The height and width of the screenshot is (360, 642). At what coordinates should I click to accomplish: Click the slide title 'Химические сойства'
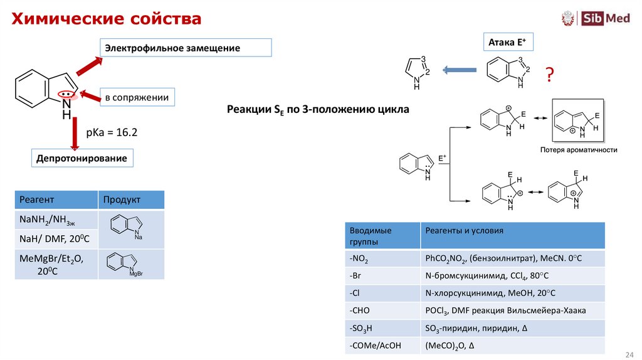click(x=105, y=19)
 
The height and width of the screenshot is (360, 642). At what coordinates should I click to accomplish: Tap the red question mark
click(x=549, y=76)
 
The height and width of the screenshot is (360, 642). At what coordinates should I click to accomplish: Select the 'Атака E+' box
click(x=507, y=43)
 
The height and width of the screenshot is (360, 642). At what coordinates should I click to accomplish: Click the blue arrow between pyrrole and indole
click(x=460, y=70)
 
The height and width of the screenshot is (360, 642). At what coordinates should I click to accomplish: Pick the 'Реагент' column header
click(x=56, y=199)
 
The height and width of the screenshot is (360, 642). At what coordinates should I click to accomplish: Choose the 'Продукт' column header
click(x=131, y=199)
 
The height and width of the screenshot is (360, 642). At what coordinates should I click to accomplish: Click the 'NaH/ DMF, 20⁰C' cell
click(x=56, y=239)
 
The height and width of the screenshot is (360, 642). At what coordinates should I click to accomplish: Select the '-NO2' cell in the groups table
click(x=382, y=258)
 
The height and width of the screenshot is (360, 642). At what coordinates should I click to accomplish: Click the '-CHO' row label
click(x=382, y=310)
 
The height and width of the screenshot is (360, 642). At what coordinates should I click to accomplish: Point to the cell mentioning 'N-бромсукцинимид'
click(x=512, y=276)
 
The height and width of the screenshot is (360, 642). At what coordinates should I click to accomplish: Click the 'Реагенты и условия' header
click(x=512, y=231)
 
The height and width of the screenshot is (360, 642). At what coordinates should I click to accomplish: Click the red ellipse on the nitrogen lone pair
click(x=66, y=95)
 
